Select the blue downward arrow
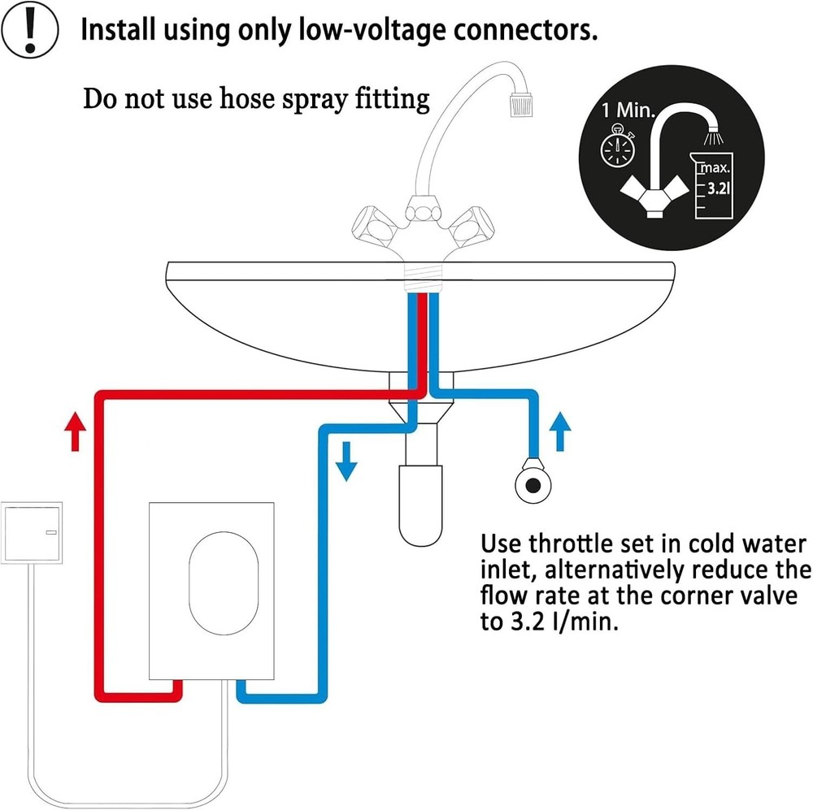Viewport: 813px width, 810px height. [x=347, y=460]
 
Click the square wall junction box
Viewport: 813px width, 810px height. [x=33, y=531]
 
